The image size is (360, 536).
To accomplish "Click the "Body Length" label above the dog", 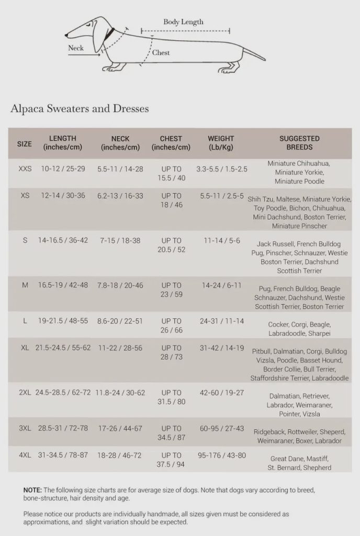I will coord(183,22).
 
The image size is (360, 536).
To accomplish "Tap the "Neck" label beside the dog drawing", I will coord(76,48).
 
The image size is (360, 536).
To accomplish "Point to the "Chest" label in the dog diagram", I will coord(161,53).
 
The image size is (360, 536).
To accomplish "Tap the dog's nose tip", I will coord(66,36).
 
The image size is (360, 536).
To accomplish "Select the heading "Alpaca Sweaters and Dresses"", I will coord(80,109).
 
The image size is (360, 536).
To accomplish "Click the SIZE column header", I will coord(25,143).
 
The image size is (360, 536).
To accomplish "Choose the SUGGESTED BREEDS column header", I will coord(299,143).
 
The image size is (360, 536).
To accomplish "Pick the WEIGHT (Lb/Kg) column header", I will coord(221,143).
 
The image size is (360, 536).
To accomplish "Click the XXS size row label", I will coord(25,170).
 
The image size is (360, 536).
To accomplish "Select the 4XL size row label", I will coord(25,455).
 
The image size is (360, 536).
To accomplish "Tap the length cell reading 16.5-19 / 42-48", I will coord(63,285).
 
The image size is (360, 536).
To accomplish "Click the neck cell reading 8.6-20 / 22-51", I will coord(120,321).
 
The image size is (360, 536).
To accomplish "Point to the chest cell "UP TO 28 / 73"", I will coord(171,352).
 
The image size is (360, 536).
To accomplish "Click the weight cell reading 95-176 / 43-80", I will coord(221,455).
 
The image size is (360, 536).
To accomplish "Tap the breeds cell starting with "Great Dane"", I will coord(299,463).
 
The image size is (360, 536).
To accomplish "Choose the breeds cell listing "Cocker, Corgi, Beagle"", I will coord(299,329).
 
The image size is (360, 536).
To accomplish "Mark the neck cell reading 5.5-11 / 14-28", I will coord(120,170).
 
